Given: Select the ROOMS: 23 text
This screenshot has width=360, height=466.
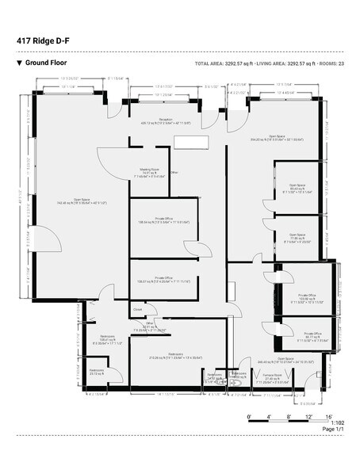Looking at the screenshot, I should coord(329,63).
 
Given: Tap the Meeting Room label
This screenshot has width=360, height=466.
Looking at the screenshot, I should coord(150,172).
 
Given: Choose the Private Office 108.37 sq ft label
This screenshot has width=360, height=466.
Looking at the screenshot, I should coord(164,280).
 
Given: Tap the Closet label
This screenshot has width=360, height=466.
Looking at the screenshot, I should coord(137,310).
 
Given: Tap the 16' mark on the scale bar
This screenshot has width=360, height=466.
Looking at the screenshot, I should coord(328,417).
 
